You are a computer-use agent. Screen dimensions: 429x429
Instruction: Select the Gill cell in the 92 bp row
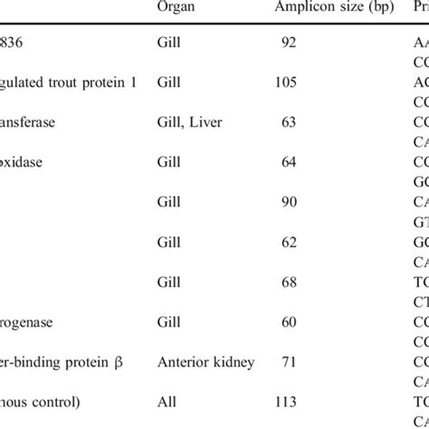tap(170, 42)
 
